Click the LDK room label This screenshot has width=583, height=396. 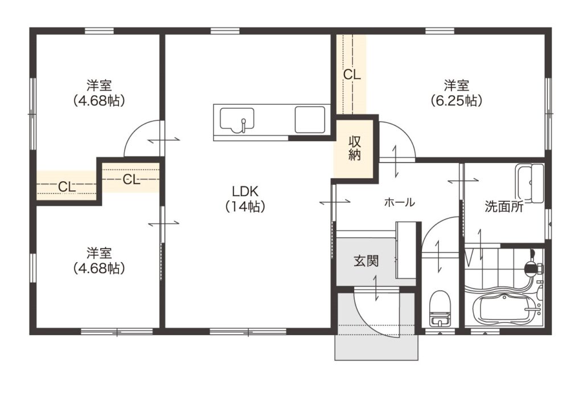tap(245, 191)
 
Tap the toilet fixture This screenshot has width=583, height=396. tap(440, 308)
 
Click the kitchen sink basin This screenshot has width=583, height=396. tap(237, 120)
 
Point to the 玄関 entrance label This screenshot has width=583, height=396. tap(366, 261)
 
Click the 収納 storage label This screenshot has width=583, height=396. tap(354, 148)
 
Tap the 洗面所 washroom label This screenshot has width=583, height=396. tap(504, 207)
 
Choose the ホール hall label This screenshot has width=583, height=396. tap(399, 203)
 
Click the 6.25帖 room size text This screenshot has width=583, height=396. tap(456, 100)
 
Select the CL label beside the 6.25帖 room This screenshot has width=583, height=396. tap(352, 75)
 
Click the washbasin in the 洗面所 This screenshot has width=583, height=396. tap(529, 183)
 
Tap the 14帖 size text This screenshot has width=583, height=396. tap(245, 207)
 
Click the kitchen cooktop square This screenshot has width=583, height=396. tap(310, 120)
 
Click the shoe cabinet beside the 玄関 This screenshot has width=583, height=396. tap(406, 250)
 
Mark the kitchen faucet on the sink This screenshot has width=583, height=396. tap(243, 125)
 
